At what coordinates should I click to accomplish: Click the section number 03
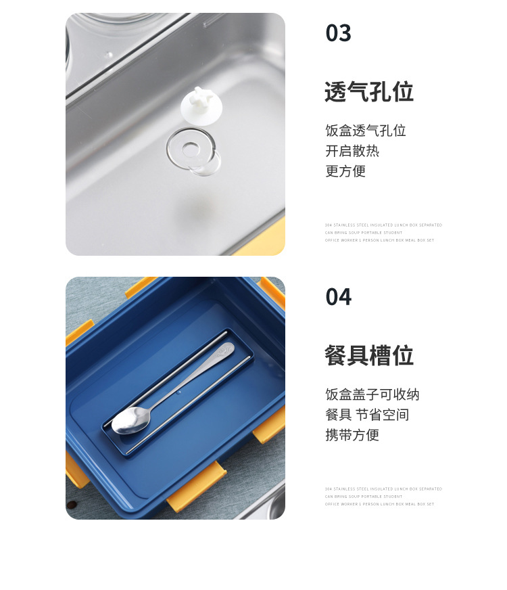click(338, 33)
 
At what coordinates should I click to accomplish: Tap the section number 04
click(338, 297)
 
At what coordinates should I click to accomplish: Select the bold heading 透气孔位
click(368, 92)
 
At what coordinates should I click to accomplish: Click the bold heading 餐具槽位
click(368, 356)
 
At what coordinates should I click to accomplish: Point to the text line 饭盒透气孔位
click(365, 131)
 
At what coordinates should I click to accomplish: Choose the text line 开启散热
click(352, 151)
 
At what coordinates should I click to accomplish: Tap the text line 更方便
click(345, 171)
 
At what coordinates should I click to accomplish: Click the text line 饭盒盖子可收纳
click(372, 394)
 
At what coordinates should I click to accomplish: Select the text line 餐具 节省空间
click(367, 415)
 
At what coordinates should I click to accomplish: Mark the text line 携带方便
click(352, 435)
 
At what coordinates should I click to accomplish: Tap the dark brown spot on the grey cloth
click(71, 505)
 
